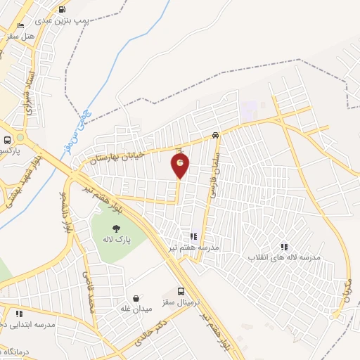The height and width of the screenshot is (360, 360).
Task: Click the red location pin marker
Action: coord(181,165)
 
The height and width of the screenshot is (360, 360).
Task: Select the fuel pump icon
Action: coord(63,10)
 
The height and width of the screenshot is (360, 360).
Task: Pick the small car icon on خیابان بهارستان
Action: coord(215,136)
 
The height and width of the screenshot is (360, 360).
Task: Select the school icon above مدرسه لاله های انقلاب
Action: coord(284,246)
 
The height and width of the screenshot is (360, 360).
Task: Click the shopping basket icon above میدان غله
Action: coord(136,298)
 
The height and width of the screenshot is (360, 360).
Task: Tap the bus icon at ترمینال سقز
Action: coord(181,291)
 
